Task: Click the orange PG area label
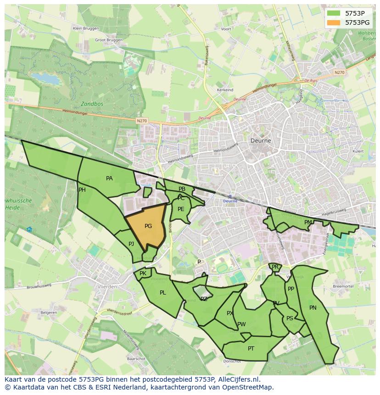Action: pyautogui.click(x=148, y=226)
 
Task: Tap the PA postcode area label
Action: pyautogui.click(x=109, y=178)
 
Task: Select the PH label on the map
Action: pyautogui.click(x=82, y=190)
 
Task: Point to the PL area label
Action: pyautogui.click(x=163, y=293)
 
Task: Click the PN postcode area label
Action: pyautogui.click(x=313, y=308)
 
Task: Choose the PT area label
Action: pyautogui.click(x=251, y=349)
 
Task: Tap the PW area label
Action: pyautogui.click(x=241, y=324)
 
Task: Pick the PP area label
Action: pyautogui.click(x=291, y=289)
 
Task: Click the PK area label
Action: pyautogui.click(x=143, y=273)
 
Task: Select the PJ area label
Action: pyautogui.click(x=131, y=244)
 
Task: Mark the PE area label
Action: pyautogui.click(x=181, y=209)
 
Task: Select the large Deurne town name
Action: pyautogui.click(x=261, y=141)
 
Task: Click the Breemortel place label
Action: pyautogui.click(x=342, y=286)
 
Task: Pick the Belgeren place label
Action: pyautogui.click(x=49, y=312)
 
